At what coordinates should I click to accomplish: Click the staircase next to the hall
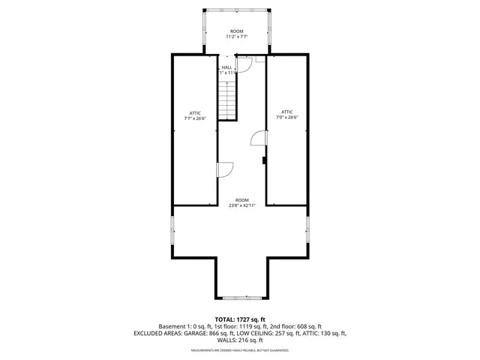point(228,98)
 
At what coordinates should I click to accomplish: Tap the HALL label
point(226,67)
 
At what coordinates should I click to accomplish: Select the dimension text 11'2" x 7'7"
point(237,37)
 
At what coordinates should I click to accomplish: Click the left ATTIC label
point(195,113)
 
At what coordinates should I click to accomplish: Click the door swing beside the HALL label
point(242,68)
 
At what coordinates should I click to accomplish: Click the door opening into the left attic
point(224,170)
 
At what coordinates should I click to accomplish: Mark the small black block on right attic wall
point(265,159)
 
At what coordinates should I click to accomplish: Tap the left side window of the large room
point(173,229)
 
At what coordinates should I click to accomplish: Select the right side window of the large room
point(308,229)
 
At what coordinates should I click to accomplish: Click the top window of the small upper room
point(238,10)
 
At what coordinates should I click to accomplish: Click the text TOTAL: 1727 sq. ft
point(240,319)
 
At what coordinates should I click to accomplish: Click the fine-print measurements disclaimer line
point(240,350)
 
